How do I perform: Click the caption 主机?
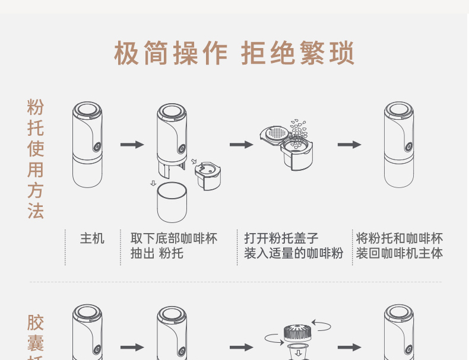(92, 238)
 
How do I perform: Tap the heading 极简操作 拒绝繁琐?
(234, 54)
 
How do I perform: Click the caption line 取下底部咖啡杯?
(174, 238)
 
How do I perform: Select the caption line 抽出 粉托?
(157, 254)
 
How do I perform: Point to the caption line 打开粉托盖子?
(281, 238)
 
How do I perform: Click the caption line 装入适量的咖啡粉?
(293, 254)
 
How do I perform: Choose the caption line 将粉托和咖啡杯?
(399, 238)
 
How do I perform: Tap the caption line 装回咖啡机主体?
(399, 254)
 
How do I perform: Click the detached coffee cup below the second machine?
(172, 203)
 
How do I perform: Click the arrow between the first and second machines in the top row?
(132, 144)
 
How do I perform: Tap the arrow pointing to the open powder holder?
(241, 144)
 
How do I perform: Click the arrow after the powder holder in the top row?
(350, 144)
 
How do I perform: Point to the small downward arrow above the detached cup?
(153, 183)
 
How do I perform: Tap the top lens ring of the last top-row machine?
(398, 111)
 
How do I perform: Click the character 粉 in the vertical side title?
(36, 107)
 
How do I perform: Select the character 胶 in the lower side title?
(36, 323)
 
